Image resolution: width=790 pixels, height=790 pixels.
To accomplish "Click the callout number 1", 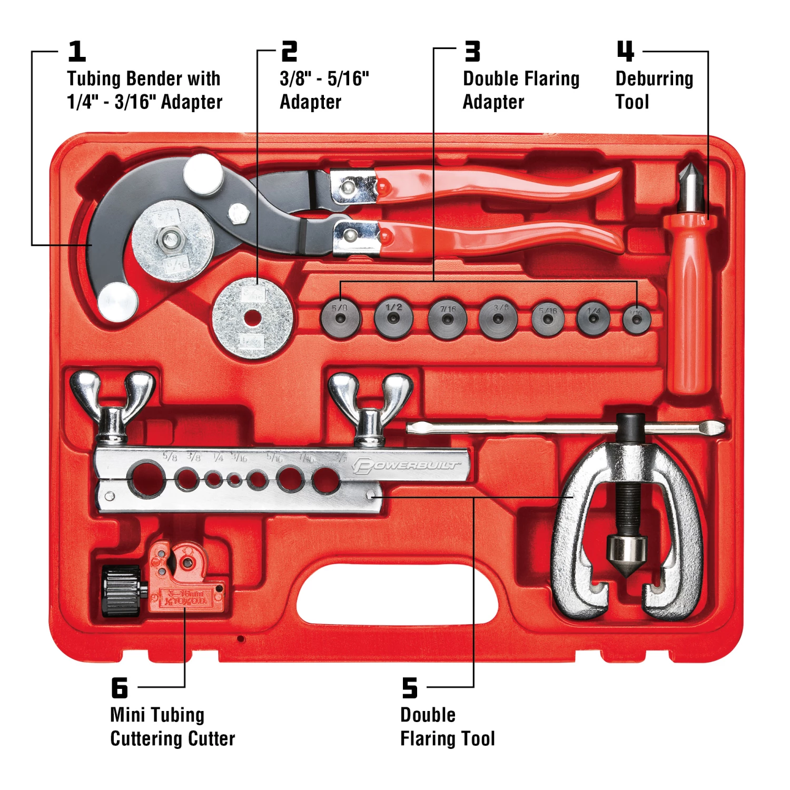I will coord(77,52).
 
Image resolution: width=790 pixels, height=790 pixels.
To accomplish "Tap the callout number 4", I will coord(625,52).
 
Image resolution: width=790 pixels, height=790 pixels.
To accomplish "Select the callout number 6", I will coord(120,687).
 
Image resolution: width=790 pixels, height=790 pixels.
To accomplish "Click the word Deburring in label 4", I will coord(654,79).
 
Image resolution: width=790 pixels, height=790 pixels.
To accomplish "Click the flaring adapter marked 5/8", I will coord(341,318).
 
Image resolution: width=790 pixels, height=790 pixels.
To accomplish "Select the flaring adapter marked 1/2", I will coord(393,318).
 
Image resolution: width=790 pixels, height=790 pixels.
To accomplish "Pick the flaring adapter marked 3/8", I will coord(499,318).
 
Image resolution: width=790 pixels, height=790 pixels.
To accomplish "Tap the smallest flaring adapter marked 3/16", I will coord(637,319).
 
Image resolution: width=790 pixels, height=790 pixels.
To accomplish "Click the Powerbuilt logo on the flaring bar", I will coord(406,466).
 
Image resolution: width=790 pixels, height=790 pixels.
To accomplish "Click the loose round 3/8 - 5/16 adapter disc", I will coord(252,318).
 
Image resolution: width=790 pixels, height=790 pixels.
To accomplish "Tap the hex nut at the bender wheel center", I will coord(171,240).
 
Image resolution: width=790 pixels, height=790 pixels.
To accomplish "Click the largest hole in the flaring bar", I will coord(146,478).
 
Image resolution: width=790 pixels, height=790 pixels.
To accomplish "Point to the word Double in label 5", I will coord(428,715).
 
